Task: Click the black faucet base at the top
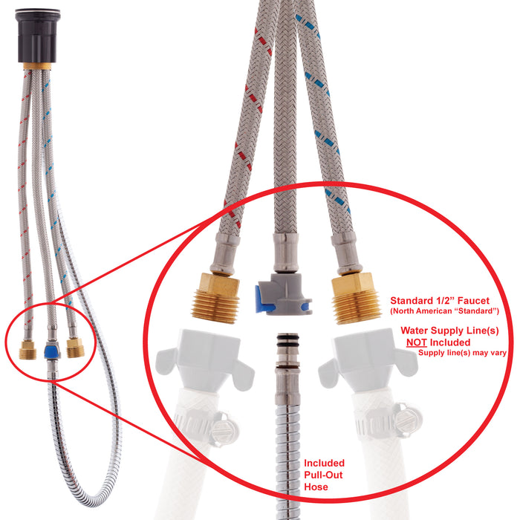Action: click(37, 36)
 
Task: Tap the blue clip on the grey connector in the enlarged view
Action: click(262, 299)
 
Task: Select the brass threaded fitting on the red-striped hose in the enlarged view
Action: click(216, 298)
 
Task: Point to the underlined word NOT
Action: click(417, 342)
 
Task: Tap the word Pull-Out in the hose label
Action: click(323, 475)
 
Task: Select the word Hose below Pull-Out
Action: click(316, 487)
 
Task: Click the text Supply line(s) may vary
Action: click(462, 353)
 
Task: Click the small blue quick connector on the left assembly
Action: click(51, 350)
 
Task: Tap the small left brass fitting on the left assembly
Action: click(27, 350)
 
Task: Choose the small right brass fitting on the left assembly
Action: click(75, 348)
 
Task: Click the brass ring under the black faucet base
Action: click(37, 66)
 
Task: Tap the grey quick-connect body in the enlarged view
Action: click(285, 294)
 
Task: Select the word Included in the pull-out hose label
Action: click(325, 463)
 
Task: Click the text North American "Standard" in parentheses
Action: click(445, 311)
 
